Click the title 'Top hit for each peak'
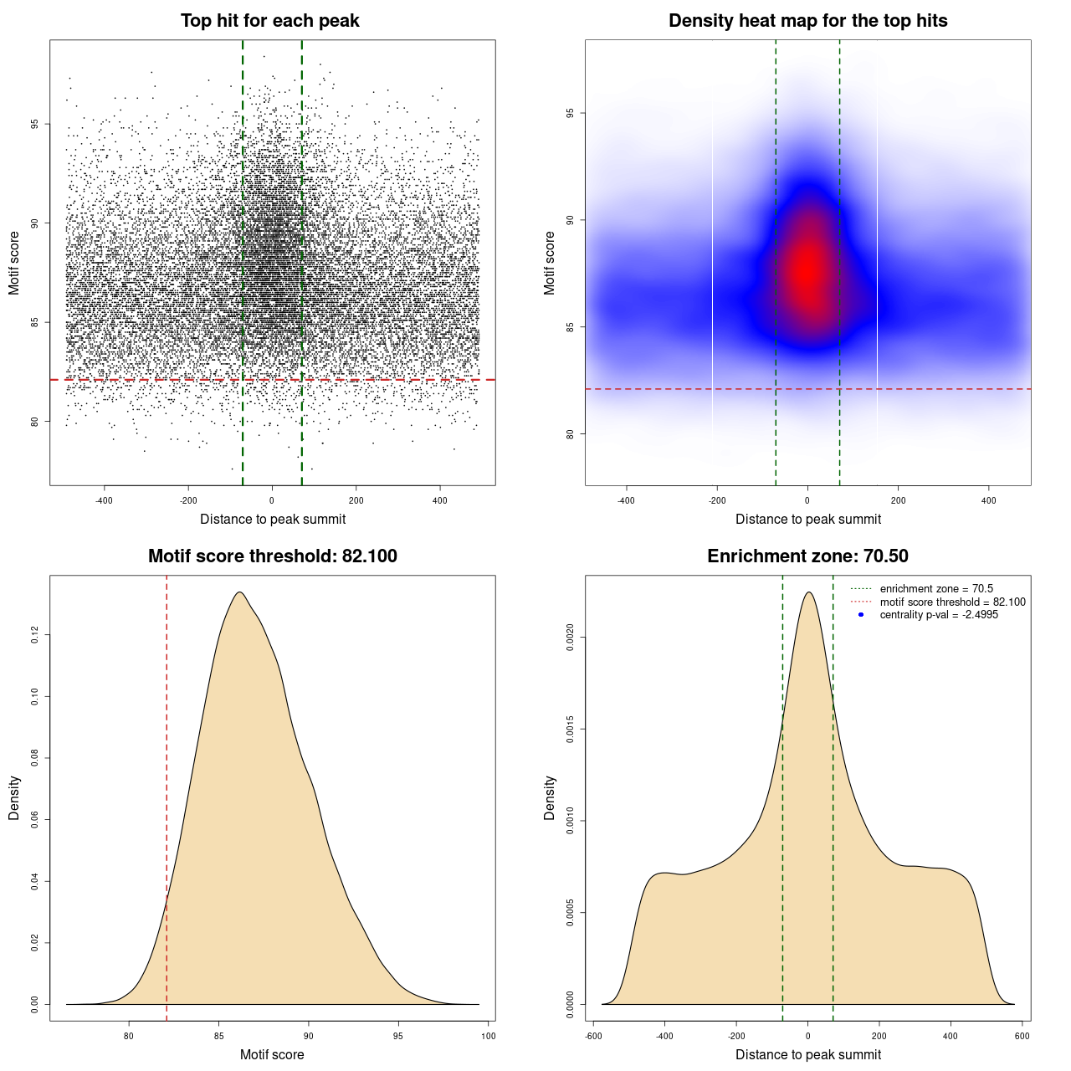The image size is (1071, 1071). click(269, 21)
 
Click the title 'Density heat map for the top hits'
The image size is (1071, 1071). click(807, 21)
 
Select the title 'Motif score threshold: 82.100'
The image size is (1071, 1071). click(272, 556)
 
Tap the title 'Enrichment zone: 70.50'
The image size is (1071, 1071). click(807, 556)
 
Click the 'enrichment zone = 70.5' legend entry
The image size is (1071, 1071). click(936, 589)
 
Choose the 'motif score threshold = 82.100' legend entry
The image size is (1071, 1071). click(952, 602)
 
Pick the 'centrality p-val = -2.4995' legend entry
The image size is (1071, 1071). click(939, 615)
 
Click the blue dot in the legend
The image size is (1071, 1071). click(861, 615)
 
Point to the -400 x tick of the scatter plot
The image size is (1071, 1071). click(104, 500)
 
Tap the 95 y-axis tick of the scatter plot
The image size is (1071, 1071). click(34, 124)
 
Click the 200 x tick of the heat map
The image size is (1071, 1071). click(898, 500)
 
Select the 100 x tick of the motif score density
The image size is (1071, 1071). click(489, 1036)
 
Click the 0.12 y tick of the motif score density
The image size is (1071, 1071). click(34, 635)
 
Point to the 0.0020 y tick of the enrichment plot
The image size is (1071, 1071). click(570, 638)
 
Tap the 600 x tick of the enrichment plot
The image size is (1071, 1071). click(1022, 1036)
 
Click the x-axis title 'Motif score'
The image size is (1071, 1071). click(272, 1054)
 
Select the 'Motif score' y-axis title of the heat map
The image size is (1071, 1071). click(550, 263)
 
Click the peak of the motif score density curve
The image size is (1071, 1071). click(240, 592)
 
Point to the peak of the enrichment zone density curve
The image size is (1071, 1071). click(808, 592)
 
